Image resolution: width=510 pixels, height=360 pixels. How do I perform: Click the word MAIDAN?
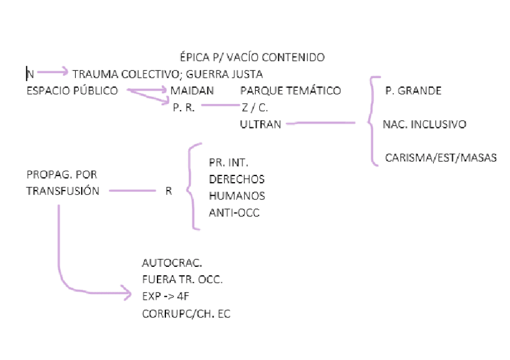(192, 91)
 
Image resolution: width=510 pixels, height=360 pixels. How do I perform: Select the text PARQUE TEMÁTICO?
(290, 91)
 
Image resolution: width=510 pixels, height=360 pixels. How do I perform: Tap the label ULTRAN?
(260, 124)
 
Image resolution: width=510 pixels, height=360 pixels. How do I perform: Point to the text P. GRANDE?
(413, 91)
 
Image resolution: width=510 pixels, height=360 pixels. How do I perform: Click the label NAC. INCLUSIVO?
(425, 124)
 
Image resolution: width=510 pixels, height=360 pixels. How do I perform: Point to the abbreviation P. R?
(183, 108)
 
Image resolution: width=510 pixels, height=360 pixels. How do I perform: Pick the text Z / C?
(255, 108)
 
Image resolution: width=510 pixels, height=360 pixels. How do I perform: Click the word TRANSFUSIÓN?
(63, 192)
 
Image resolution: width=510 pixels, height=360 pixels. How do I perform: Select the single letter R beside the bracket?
(168, 192)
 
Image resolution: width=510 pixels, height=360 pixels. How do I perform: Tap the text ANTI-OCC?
(234, 213)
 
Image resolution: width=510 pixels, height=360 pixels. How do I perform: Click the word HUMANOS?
(237, 196)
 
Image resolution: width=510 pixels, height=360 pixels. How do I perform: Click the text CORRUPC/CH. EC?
(186, 314)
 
